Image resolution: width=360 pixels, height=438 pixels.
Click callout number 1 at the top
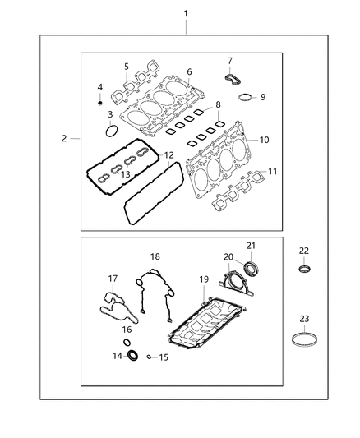[186, 14]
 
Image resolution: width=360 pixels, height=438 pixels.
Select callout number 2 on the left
[64, 139]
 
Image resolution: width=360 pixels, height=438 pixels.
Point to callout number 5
[126, 67]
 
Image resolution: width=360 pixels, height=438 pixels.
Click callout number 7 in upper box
[230, 60]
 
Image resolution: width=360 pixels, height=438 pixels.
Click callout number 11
[271, 171]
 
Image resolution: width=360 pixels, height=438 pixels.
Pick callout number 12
[168, 154]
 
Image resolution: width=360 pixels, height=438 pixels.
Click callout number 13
[126, 175]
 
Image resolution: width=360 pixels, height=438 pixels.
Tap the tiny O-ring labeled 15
[148, 357]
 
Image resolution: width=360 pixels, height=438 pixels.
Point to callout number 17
[113, 279]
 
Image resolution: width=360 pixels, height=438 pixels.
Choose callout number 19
[202, 279]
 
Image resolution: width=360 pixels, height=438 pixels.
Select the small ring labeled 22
[304, 269]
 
